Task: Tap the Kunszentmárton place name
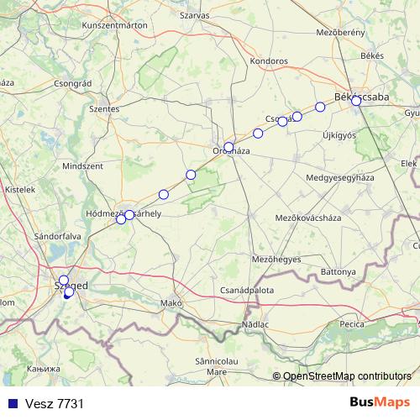115,27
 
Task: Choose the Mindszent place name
82,167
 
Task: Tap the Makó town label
171,302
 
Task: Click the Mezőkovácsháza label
306,218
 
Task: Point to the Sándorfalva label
57,236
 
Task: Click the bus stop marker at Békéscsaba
356,101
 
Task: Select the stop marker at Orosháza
228,147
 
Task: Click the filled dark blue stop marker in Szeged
68,293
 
